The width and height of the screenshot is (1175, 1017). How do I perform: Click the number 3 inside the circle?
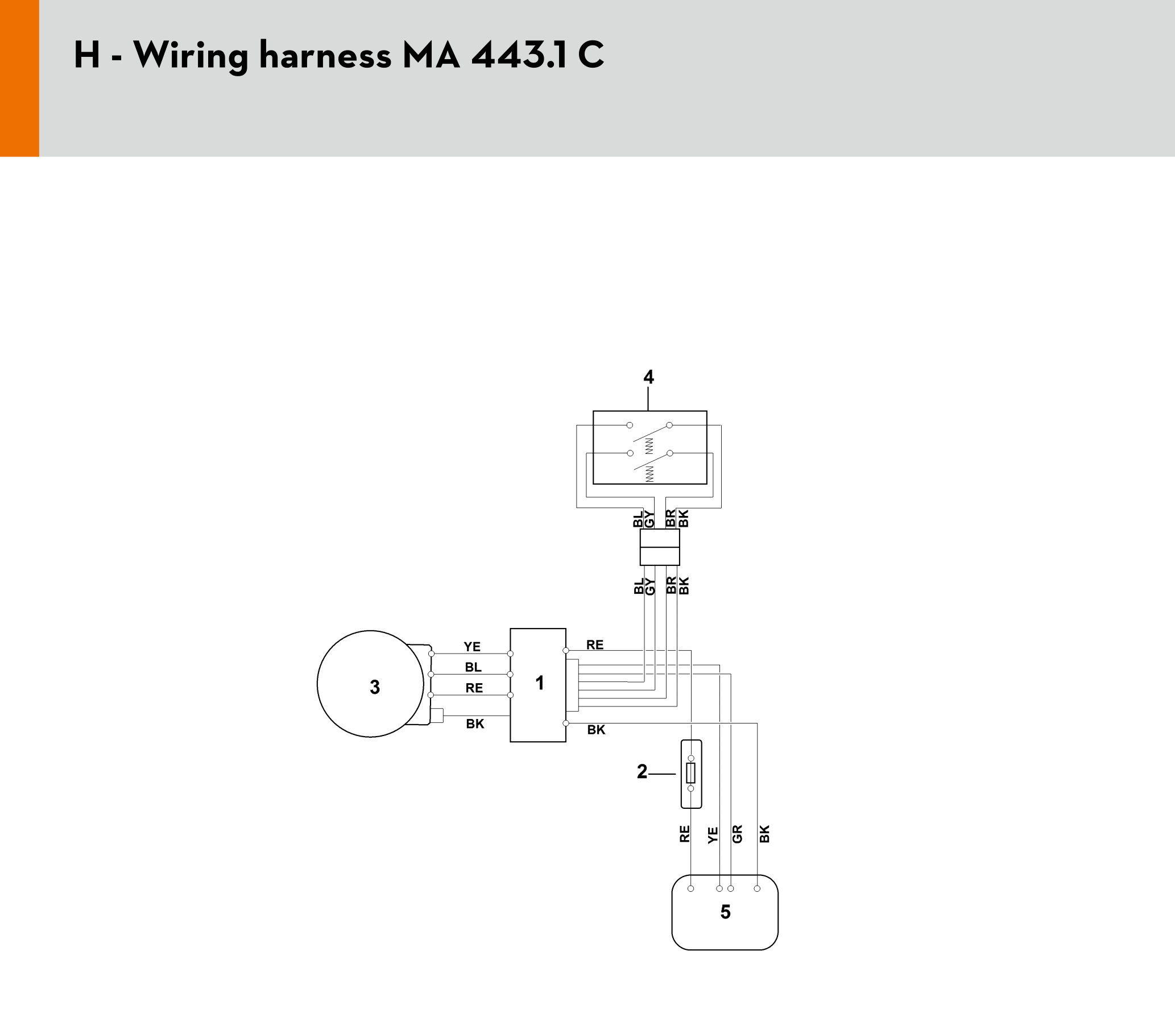click(375, 687)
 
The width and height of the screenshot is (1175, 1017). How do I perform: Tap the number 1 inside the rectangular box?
click(540, 683)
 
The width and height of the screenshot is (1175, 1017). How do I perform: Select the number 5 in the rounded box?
click(726, 912)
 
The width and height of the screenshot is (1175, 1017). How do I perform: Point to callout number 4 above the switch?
click(649, 377)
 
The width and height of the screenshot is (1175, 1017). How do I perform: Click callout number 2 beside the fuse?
click(642, 771)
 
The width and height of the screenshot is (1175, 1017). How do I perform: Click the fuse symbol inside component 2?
click(691, 773)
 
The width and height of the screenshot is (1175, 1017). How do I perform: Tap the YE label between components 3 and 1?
click(472, 647)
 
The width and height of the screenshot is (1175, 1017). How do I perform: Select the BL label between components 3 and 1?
click(473, 667)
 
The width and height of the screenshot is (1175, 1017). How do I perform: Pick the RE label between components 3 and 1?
click(474, 688)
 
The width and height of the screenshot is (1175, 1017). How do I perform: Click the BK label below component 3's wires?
click(475, 724)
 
